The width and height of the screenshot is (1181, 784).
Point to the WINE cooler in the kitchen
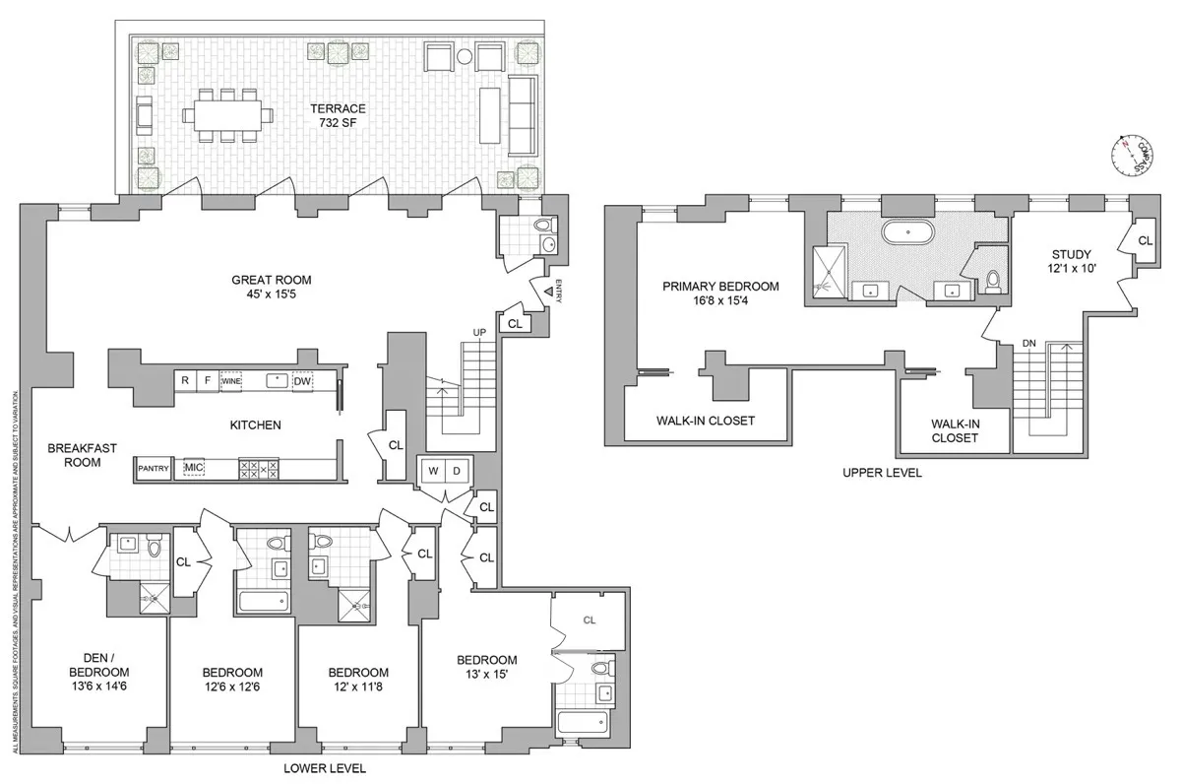click(231, 380)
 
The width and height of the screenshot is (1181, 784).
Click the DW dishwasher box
click(303, 380)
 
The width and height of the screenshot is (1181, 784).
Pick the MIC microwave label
click(192, 469)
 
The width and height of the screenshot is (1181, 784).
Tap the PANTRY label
click(155, 469)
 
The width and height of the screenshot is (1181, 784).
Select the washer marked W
click(432, 471)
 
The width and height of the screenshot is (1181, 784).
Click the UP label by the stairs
click(480, 332)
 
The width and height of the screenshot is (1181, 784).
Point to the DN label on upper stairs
click(1029, 343)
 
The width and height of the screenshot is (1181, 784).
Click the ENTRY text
click(558, 293)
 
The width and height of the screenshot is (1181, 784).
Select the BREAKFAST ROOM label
click(83, 454)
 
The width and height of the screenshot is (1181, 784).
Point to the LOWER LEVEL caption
click(325, 768)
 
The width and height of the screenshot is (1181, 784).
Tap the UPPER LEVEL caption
click(882, 473)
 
